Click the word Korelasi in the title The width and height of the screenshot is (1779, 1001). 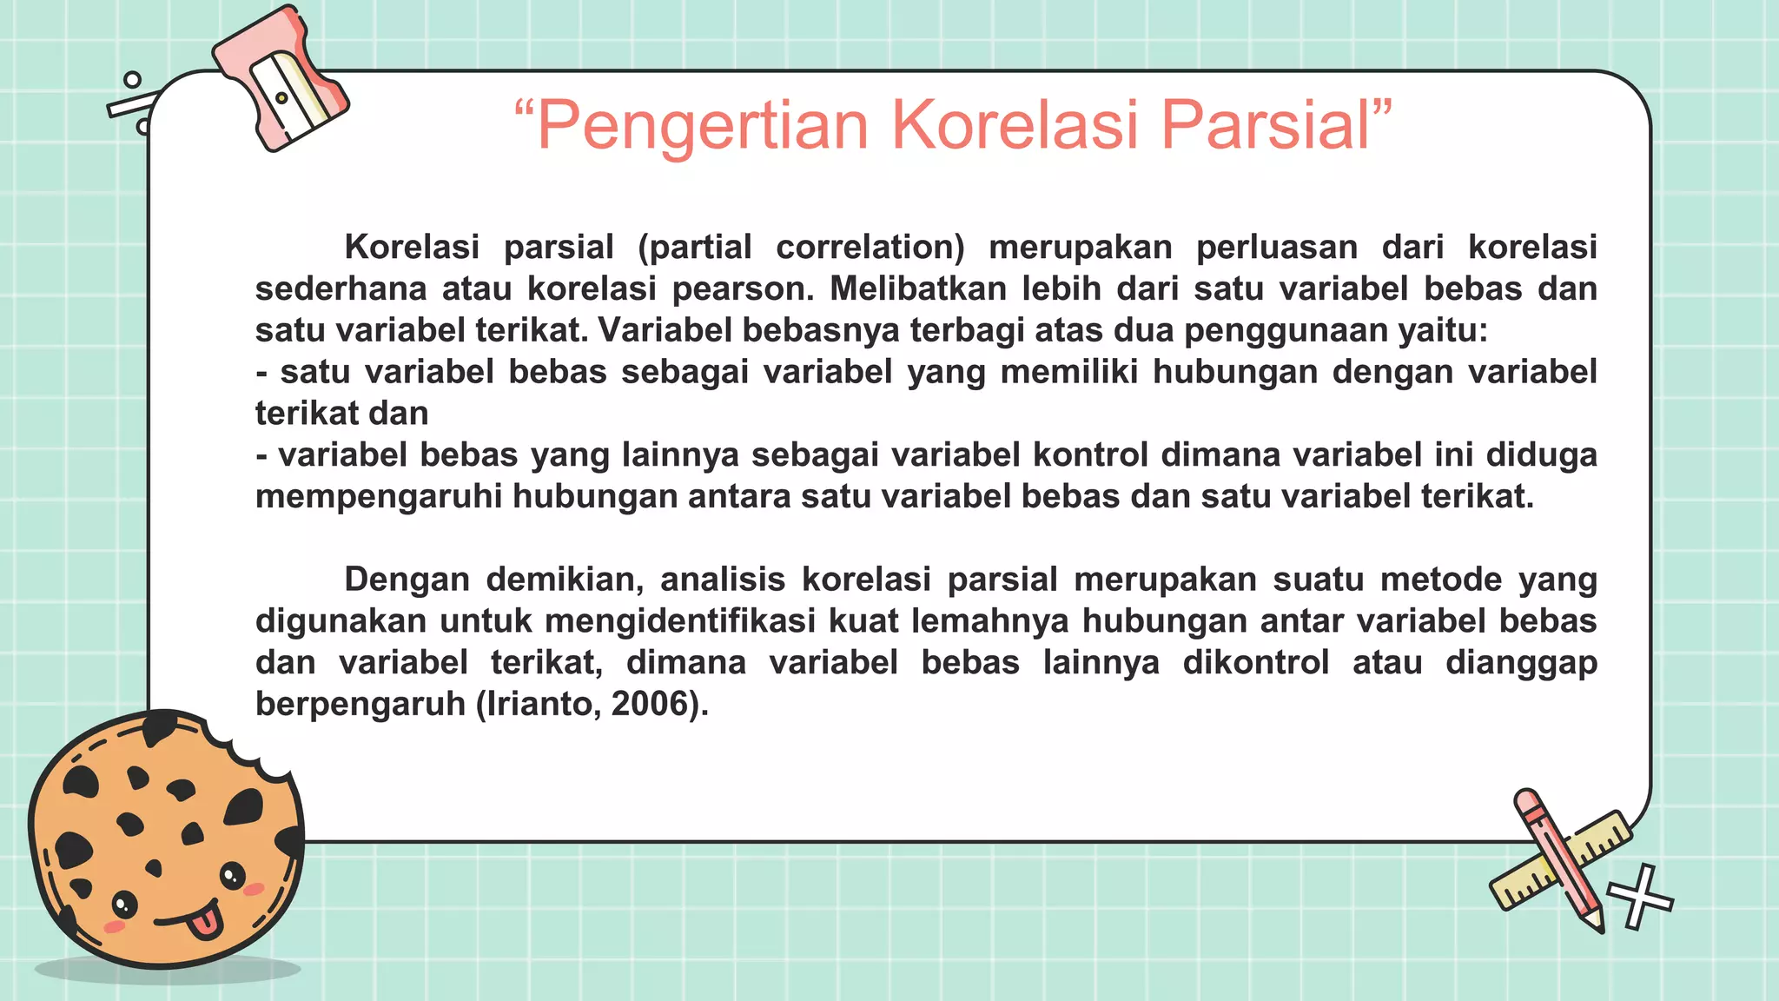click(x=1015, y=126)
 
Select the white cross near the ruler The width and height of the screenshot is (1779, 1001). click(x=1638, y=898)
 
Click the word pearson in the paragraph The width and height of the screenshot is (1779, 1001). click(x=743, y=288)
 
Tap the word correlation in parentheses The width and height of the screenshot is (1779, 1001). click(x=869, y=248)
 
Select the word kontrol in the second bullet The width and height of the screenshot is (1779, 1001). click(x=1090, y=455)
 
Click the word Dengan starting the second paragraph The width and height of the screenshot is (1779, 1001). click(x=406, y=580)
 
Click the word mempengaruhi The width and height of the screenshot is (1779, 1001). click(x=378, y=497)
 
